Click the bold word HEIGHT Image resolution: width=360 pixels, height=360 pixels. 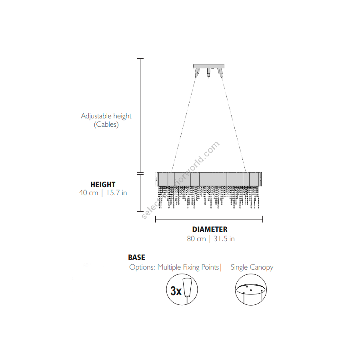pyautogui.click(x=103, y=184)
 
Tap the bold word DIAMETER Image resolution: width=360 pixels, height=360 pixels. pyautogui.click(x=210, y=229)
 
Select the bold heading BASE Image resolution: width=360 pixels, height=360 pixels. pyautogui.click(x=137, y=257)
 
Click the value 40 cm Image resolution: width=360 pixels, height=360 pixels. pyautogui.click(x=89, y=193)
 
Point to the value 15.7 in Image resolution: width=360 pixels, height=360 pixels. pyautogui.click(x=117, y=193)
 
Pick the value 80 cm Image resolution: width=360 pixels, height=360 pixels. pyautogui.click(x=196, y=239)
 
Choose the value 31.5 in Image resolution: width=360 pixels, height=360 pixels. pyautogui.click(x=224, y=239)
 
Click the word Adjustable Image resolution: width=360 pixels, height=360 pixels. pyautogui.click(x=96, y=116)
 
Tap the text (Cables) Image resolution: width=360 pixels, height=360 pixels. pyautogui.click(x=106, y=125)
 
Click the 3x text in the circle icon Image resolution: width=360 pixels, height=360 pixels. pyautogui.click(x=176, y=291)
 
